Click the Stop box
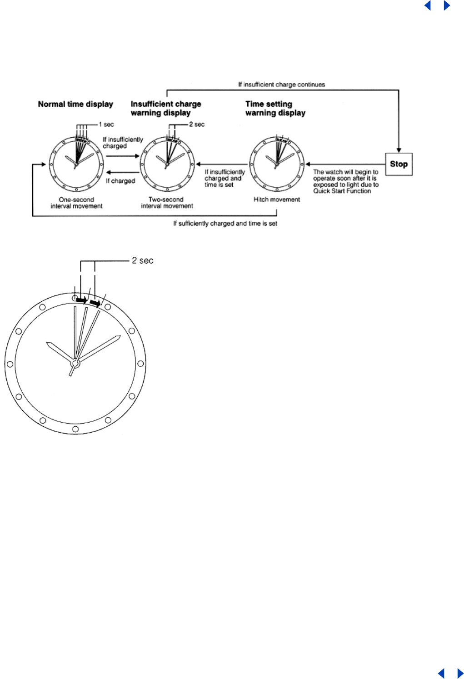click(x=399, y=164)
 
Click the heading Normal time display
click(x=75, y=104)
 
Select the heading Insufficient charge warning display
click(x=165, y=108)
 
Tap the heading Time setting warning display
click(x=275, y=108)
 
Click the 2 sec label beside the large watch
click(x=143, y=260)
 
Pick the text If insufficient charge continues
click(x=281, y=85)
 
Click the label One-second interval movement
click(x=76, y=203)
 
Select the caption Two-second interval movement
click(x=167, y=203)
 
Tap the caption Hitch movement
click(x=277, y=200)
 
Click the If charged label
click(x=120, y=181)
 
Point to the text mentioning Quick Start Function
click(x=345, y=181)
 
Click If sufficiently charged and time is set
click(x=225, y=224)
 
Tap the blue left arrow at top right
click(x=428, y=5)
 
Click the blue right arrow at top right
click(x=447, y=5)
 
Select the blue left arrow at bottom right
click(x=441, y=673)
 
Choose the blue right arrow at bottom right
click(x=460, y=673)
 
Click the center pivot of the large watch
click(x=75, y=364)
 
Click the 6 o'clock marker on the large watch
click(x=75, y=429)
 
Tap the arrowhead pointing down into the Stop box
click(x=399, y=150)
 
